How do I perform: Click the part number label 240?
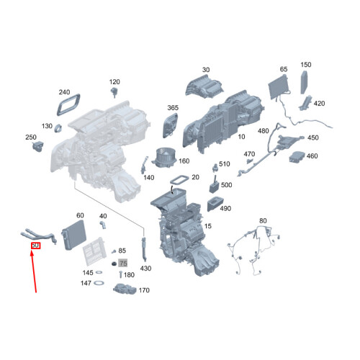tap(64, 93)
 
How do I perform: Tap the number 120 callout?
tap(114, 82)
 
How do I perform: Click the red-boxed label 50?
tap(35, 246)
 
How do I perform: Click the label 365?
tap(173, 108)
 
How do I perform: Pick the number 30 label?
tap(206, 70)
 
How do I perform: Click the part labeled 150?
tap(305, 65)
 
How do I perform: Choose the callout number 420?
tap(319, 104)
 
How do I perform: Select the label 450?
tap(312, 138)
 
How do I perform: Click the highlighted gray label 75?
tap(122, 264)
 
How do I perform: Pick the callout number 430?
tap(146, 269)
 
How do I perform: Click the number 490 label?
tap(225, 209)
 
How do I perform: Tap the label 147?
tap(86, 284)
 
